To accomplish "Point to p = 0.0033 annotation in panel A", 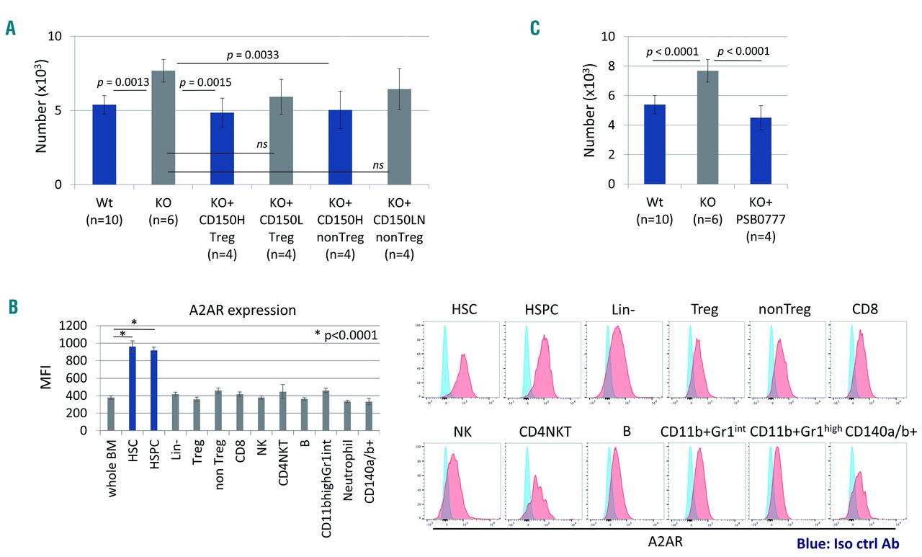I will (251, 54).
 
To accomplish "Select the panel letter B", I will (12, 306).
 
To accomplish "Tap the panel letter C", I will (534, 28).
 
